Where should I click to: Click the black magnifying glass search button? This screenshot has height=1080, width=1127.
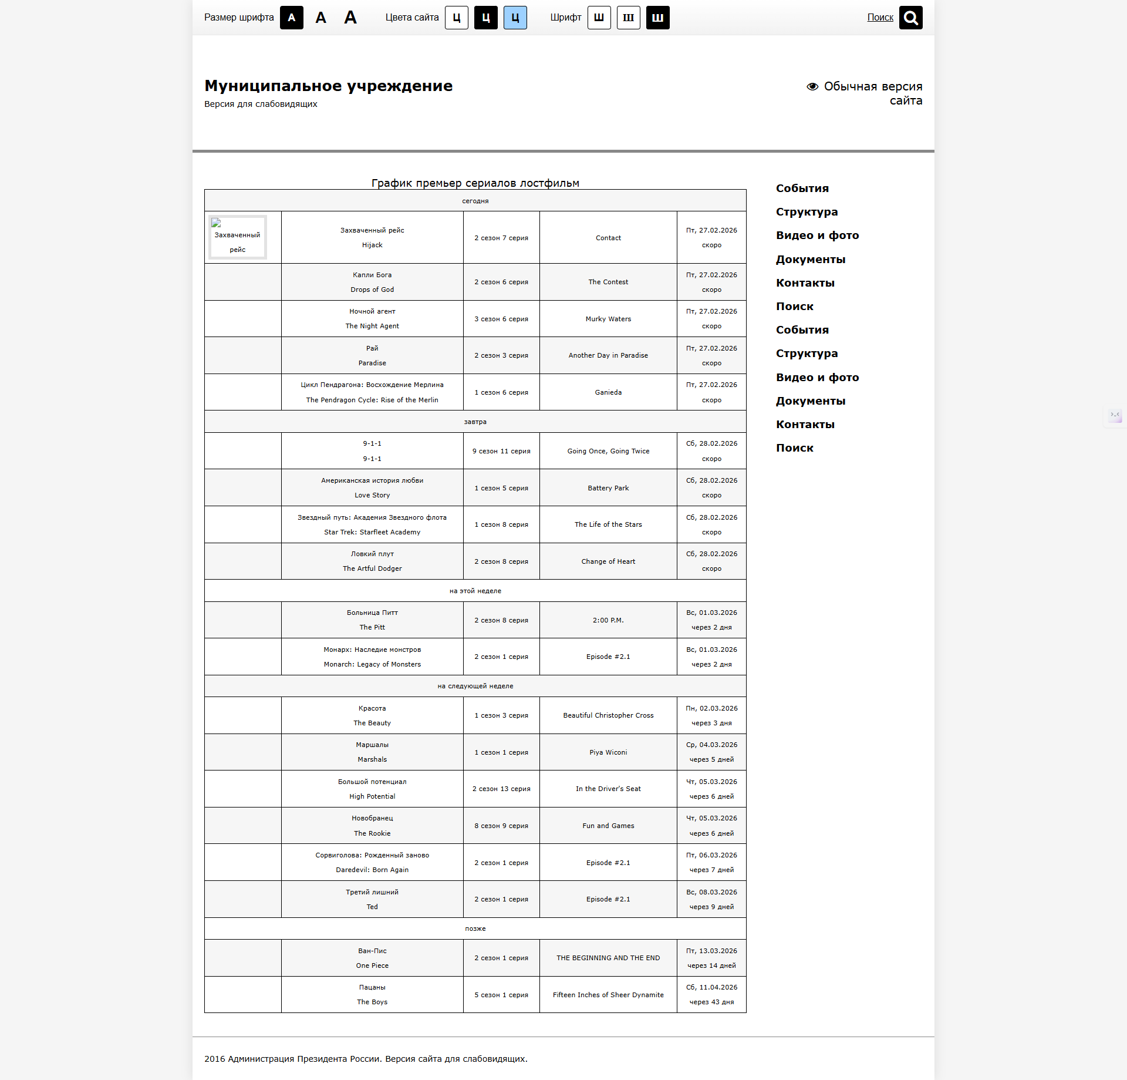(910, 18)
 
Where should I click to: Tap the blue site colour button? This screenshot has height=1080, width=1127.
(515, 18)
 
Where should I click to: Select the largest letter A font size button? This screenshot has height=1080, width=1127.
(350, 18)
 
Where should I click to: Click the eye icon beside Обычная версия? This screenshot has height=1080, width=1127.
(812, 86)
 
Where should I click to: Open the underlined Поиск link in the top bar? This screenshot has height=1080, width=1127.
(880, 18)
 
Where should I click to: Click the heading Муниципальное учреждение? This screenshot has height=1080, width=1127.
(328, 86)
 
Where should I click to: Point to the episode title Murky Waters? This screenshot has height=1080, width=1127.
(608, 319)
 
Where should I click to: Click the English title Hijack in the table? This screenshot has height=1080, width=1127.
(372, 245)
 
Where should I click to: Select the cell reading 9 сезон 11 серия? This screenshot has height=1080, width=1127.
(501, 451)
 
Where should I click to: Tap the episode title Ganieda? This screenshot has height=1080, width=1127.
(608, 392)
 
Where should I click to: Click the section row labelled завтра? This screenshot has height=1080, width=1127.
(475, 422)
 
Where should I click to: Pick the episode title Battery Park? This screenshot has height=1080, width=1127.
(608, 488)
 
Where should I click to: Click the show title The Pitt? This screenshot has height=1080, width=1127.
(372, 627)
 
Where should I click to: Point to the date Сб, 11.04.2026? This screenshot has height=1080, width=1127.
(711, 987)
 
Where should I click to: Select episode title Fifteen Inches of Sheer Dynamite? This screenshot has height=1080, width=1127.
(608, 995)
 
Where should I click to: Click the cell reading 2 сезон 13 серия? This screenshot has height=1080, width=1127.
(501, 789)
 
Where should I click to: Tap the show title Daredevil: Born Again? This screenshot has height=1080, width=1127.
(372, 870)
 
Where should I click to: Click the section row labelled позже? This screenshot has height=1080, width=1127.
(475, 928)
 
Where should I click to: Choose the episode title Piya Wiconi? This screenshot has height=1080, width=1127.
(608, 752)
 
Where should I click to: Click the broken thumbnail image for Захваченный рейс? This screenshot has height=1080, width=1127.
(237, 237)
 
